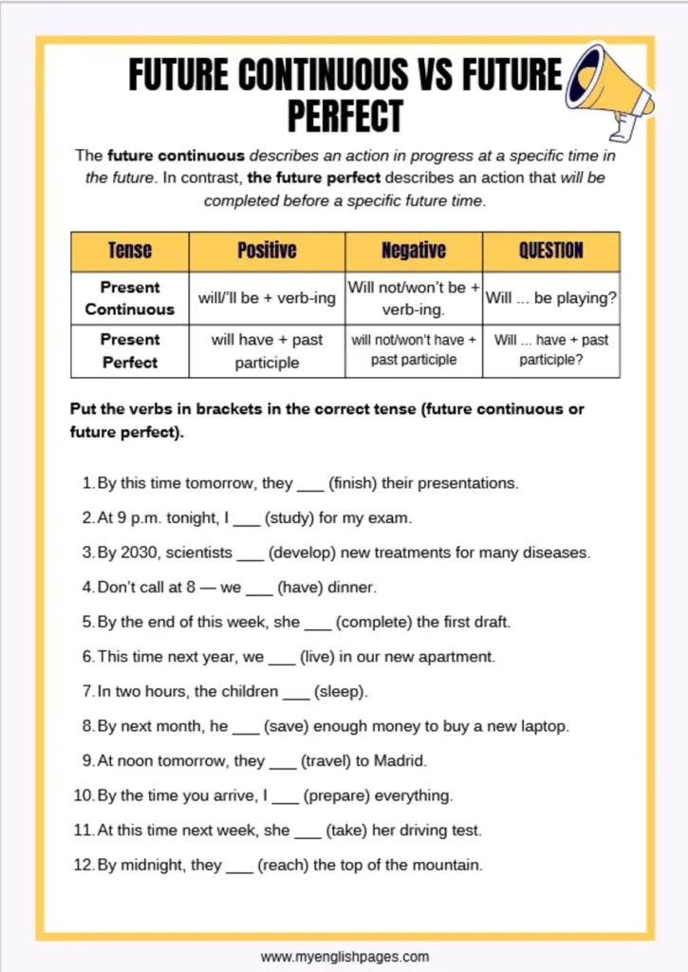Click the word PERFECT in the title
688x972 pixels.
344,117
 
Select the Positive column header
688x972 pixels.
267,251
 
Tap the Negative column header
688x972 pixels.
414,251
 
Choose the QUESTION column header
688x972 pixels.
551,251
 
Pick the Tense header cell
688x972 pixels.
130,251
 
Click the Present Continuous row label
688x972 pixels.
130,298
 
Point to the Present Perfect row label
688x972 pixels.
130,350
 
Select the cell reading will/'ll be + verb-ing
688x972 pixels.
267,298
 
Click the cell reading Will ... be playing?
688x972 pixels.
551,298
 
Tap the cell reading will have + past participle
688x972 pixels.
267,350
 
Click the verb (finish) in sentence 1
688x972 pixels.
353,483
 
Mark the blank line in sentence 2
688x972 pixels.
247,520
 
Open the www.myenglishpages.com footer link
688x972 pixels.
344,956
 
